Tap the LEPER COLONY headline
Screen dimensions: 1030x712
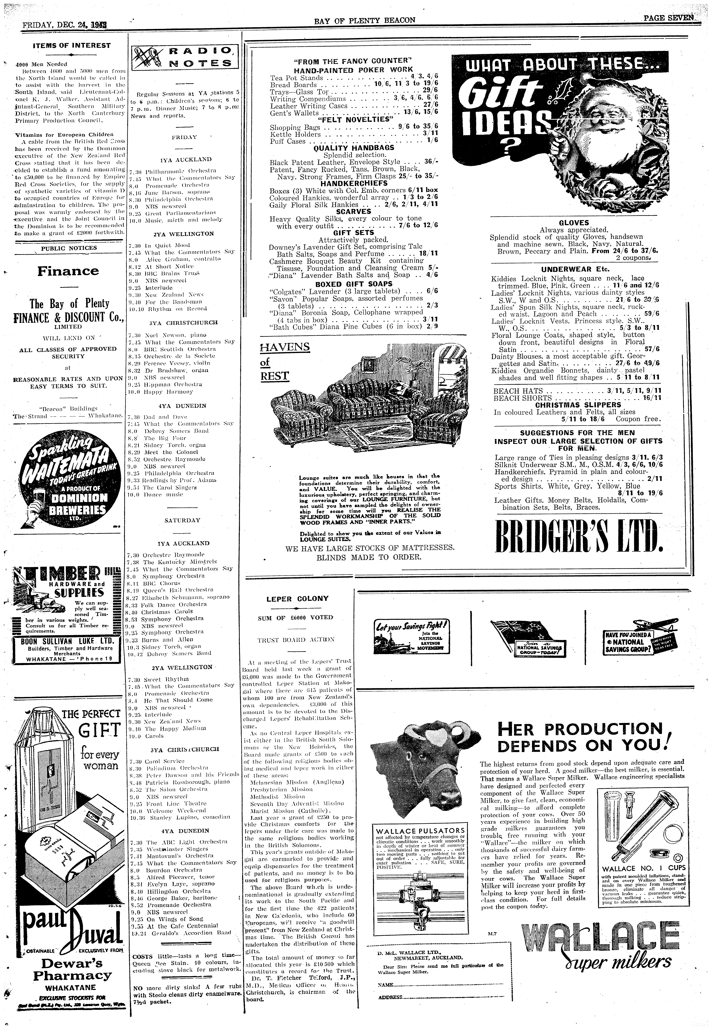(x=297, y=598)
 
